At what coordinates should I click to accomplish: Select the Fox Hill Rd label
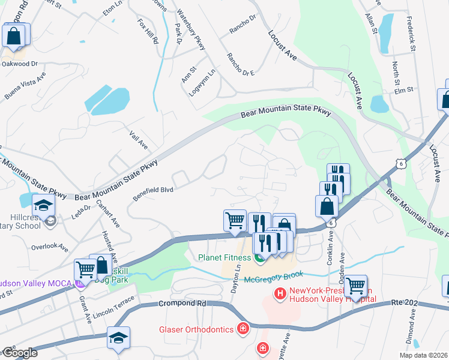click(147, 32)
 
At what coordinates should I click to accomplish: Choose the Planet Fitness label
click(225, 259)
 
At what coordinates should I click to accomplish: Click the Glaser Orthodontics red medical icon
click(242, 329)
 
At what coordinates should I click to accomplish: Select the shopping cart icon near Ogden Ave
click(356, 286)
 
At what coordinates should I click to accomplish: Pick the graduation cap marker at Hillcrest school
click(43, 206)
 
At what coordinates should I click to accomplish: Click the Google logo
click(20, 353)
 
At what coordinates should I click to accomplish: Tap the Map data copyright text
click(423, 355)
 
